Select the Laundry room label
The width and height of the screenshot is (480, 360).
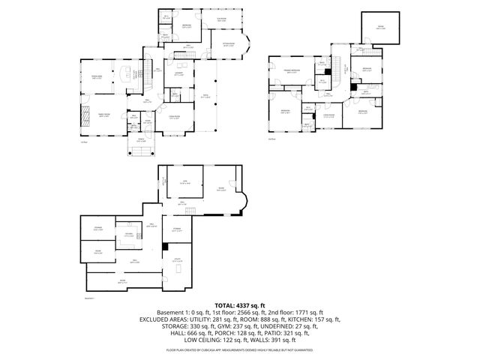178,73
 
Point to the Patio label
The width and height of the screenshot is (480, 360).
205,96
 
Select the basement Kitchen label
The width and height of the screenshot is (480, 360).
129,235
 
